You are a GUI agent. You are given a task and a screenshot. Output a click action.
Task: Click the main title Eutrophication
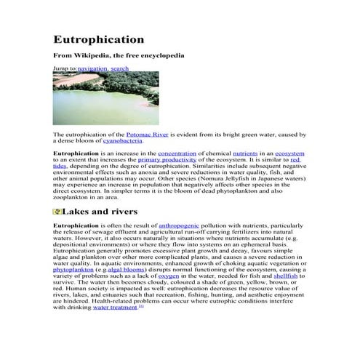point(98,39)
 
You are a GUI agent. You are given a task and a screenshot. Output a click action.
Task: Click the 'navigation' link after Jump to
point(92,68)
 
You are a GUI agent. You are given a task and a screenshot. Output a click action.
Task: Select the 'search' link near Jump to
point(120,68)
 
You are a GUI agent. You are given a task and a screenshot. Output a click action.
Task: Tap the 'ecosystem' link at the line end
point(290,154)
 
